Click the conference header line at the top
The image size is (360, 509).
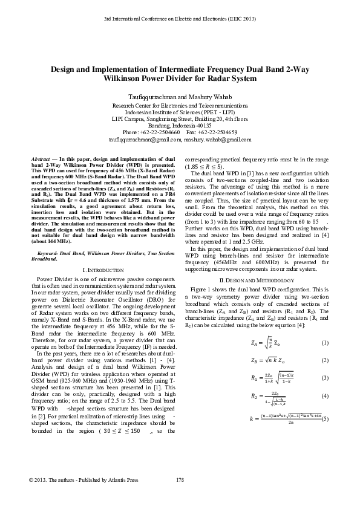tap(180, 20)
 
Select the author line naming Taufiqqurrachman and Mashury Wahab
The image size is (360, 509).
tap(180, 97)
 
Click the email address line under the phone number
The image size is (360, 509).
tap(180, 139)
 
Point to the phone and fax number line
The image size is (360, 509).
tap(180, 132)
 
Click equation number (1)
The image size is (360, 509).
tap(325, 343)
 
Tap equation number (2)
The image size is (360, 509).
tap(325, 361)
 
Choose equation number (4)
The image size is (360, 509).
tap(325, 397)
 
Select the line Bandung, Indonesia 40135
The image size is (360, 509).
tap(180, 125)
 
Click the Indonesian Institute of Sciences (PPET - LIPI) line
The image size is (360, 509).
tap(180, 112)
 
